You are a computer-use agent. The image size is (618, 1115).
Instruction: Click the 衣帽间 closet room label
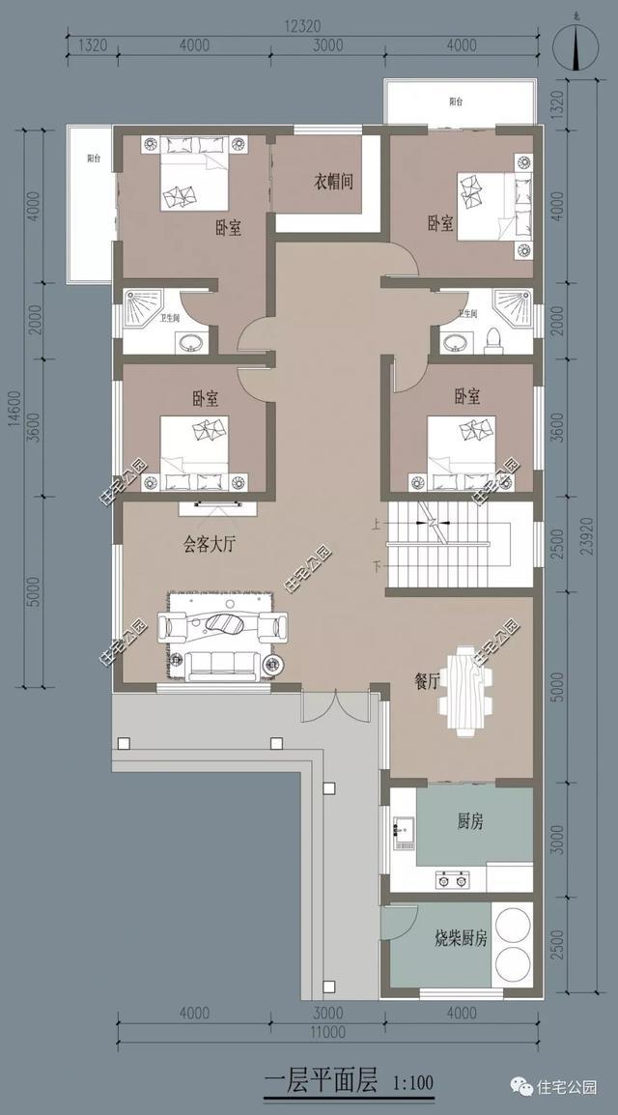pos(331,181)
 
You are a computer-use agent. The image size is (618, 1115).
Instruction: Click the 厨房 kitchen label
pos(470,821)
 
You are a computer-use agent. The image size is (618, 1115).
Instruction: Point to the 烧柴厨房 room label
pos(460,937)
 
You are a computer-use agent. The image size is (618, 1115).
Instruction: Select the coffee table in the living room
pos(224,625)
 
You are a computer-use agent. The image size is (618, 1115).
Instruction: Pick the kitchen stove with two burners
pos(451,878)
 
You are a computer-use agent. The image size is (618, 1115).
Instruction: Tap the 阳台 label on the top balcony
pos(456,101)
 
